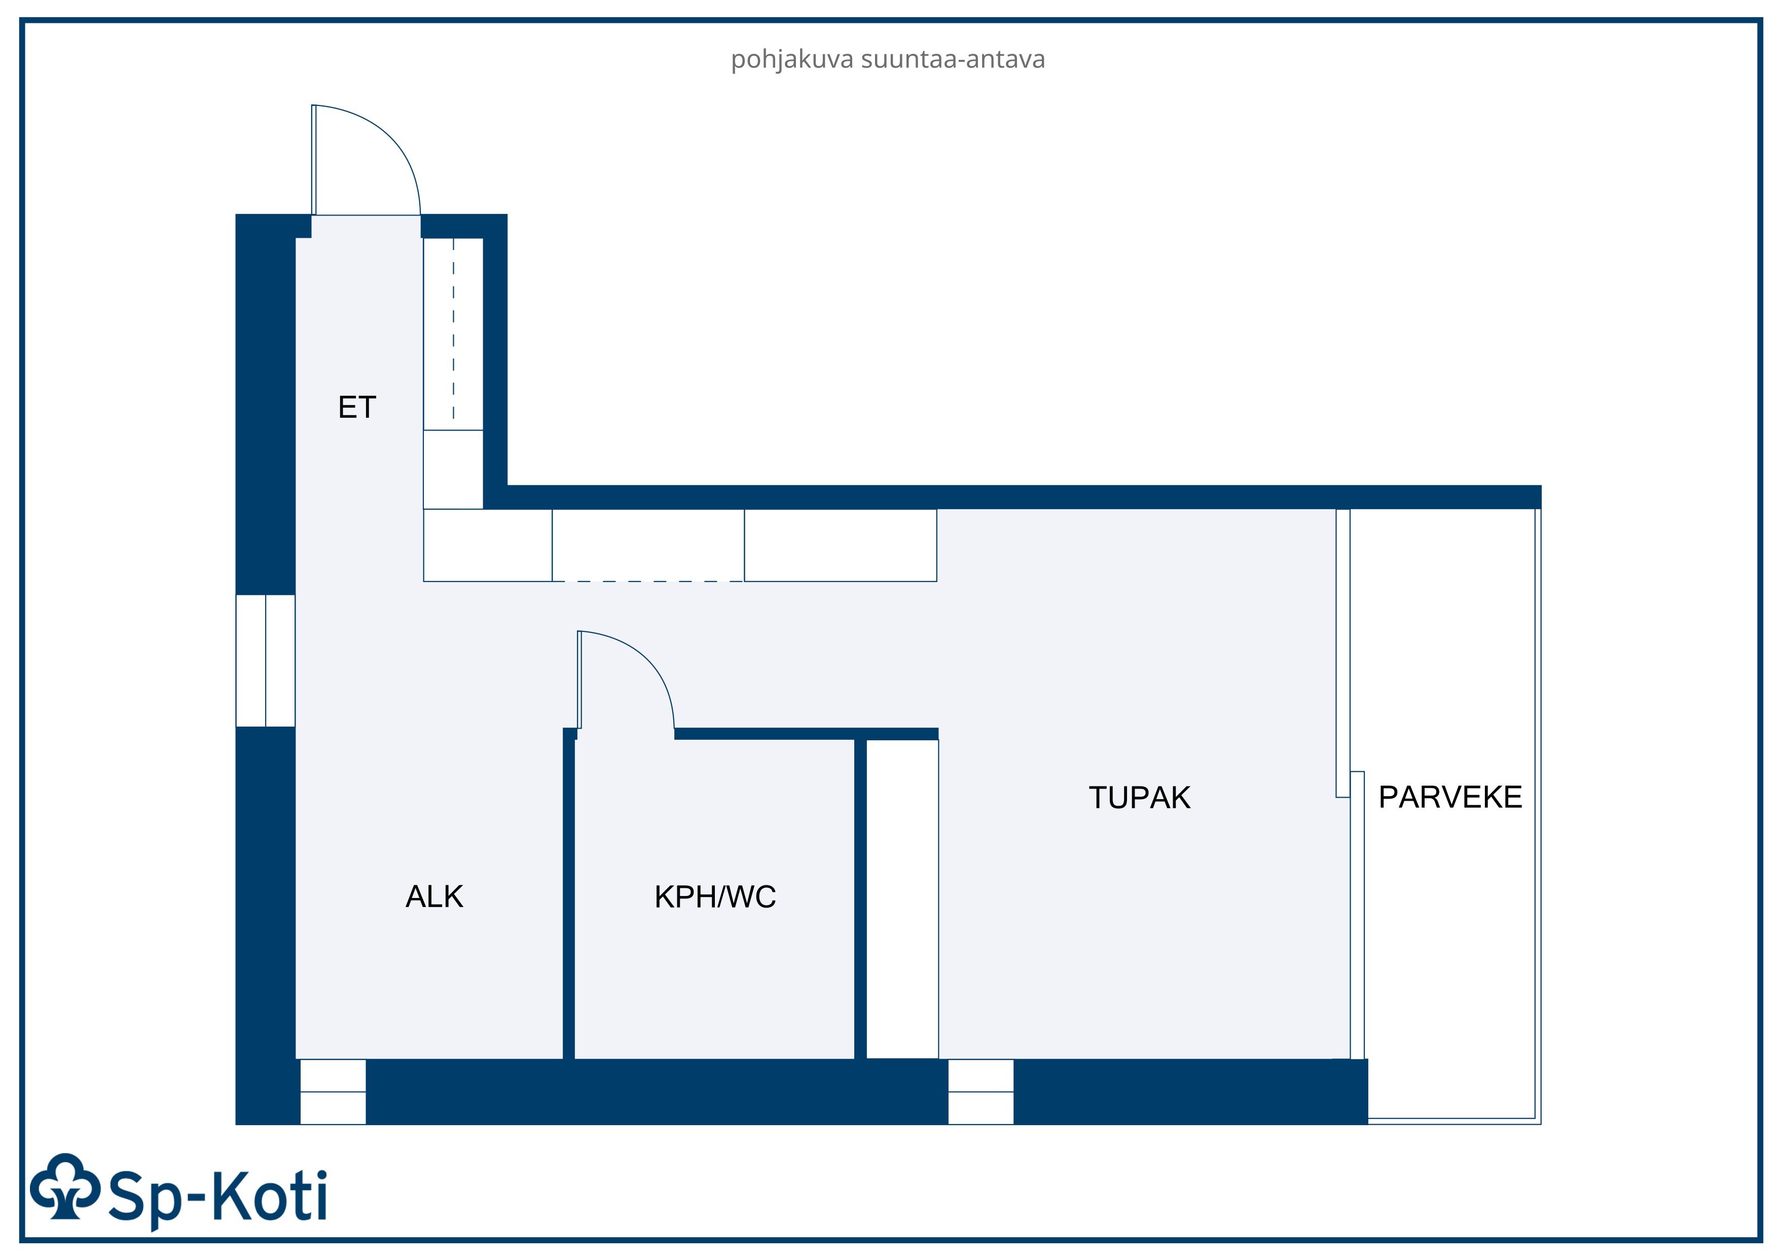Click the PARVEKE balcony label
[1450, 797]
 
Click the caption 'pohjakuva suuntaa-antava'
[888, 60]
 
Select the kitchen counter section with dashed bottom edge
[648, 545]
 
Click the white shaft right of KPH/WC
[902, 900]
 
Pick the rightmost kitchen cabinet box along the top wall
[841, 545]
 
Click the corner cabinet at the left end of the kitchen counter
[488, 545]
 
